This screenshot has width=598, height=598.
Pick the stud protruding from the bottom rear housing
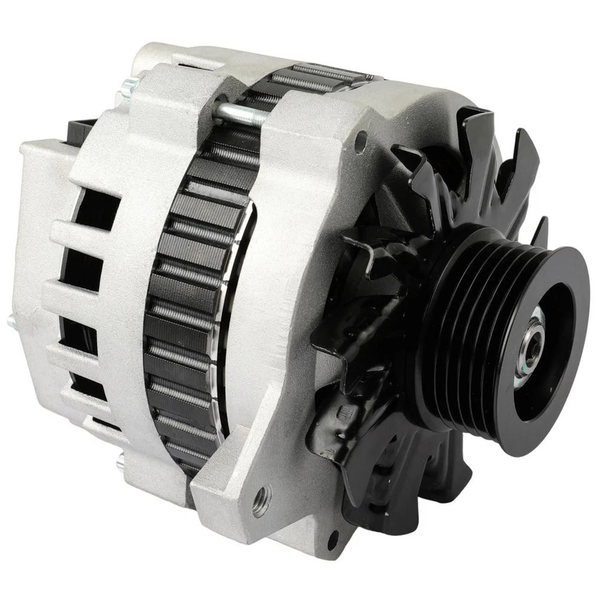[121, 463]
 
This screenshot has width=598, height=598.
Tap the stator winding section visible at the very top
[318, 78]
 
